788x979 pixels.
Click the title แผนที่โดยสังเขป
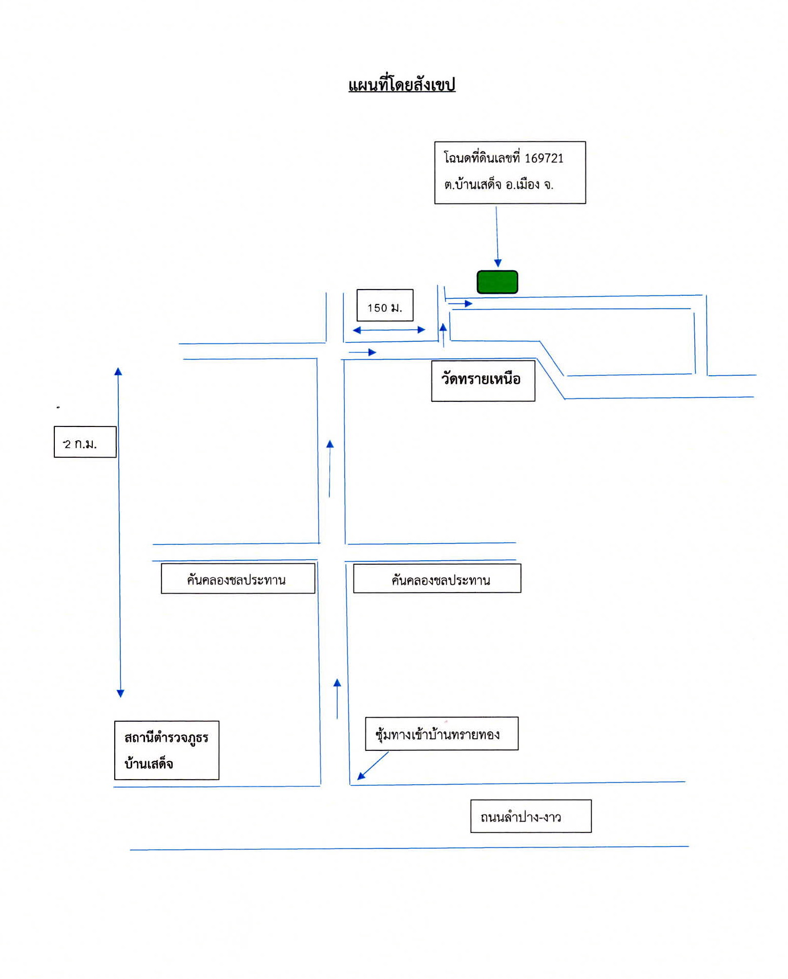402,85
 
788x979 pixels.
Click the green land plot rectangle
497,282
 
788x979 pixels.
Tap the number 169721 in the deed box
544,158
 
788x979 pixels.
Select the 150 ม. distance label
385,308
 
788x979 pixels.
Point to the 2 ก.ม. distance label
80,444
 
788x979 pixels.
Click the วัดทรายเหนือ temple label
481,379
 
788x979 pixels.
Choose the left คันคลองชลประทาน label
236,580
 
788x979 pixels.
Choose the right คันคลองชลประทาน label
441,580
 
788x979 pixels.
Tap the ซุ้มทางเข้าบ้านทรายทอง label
438,734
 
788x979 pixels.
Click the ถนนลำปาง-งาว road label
521,817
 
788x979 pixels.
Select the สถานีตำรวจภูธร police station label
166,738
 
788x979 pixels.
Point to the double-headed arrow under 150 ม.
389,330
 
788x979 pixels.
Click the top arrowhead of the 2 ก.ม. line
118,371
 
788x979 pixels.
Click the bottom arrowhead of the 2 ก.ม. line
120,694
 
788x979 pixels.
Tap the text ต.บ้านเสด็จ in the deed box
472,185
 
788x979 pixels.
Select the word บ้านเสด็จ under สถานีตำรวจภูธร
149,764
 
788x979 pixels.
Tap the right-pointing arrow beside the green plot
460,304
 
